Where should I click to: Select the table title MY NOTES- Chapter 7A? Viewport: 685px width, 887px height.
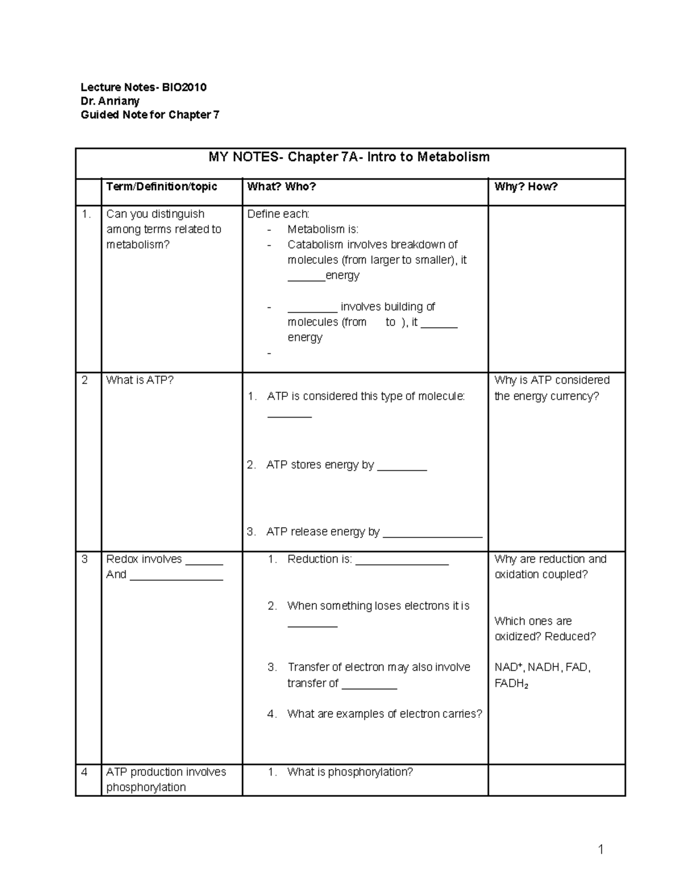[349, 157]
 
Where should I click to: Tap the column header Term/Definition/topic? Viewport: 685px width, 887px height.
[162, 187]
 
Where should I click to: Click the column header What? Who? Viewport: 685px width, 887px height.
[281, 187]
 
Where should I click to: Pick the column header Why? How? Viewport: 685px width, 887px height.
[526, 187]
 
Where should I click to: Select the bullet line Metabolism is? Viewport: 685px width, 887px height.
[323, 230]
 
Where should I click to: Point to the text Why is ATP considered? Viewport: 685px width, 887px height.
[551, 380]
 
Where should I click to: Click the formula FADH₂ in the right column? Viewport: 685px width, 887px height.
[511, 684]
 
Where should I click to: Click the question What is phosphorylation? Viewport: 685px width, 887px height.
[350, 772]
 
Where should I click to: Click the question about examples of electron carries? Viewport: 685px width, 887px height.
[385, 714]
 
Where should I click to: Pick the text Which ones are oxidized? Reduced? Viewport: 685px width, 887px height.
[545, 629]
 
